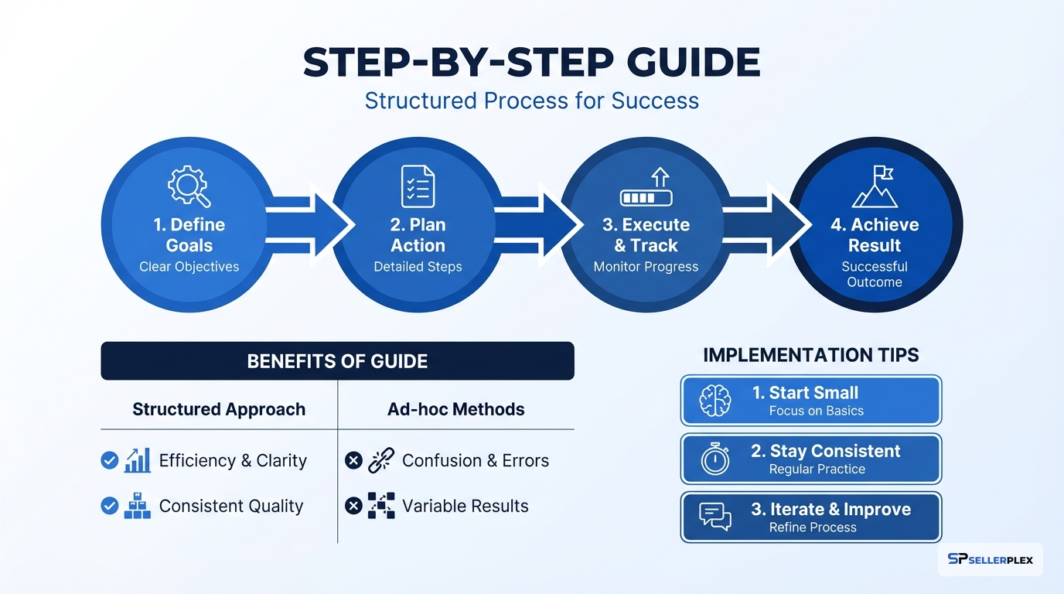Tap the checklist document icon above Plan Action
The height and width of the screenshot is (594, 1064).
pos(418,186)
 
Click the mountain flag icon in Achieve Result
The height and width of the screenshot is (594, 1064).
pos(875,186)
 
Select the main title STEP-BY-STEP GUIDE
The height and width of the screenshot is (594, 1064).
pos(531,63)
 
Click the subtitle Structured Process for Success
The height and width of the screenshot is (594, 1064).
pos(531,101)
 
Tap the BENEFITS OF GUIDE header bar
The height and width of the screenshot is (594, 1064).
pos(337,361)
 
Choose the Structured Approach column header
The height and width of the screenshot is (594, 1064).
pos(219,409)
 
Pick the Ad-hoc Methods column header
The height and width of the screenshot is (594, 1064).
pos(455,409)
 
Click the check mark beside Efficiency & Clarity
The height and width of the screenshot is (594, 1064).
pos(110,461)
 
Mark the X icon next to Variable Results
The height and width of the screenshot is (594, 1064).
pos(353,506)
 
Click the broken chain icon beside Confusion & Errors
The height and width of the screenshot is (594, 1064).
pos(381,461)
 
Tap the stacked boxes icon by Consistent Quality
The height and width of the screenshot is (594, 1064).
pos(138,506)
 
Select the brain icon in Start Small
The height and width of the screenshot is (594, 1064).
pos(714,401)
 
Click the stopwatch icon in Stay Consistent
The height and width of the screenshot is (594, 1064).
pos(714,459)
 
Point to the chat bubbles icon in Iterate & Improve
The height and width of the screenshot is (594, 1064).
pos(714,517)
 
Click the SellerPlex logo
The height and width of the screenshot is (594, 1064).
pos(990,559)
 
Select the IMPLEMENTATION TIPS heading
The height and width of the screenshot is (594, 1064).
pos(810,355)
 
